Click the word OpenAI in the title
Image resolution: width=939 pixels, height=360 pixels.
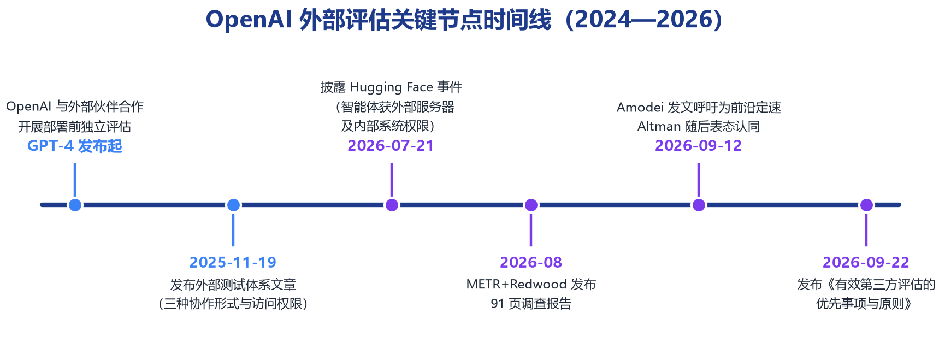(x=249, y=20)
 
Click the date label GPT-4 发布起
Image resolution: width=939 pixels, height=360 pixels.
(x=75, y=146)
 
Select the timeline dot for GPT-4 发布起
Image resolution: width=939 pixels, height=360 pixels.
(x=75, y=205)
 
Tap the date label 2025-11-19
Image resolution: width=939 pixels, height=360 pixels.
(x=233, y=262)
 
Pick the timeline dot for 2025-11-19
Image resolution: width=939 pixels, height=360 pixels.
(x=233, y=205)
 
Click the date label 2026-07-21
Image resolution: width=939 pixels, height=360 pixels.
(x=391, y=146)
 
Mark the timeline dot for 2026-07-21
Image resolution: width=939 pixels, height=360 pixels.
(x=392, y=205)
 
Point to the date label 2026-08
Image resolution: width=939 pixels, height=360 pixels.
(x=531, y=262)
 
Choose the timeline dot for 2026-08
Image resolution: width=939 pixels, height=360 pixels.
(x=531, y=205)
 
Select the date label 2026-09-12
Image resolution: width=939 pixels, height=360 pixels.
(x=699, y=146)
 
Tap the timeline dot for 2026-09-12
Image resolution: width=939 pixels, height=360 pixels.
(x=699, y=205)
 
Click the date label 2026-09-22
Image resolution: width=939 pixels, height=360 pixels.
(x=866, y=262)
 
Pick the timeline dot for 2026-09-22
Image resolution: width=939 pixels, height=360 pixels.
(x=866, y=205)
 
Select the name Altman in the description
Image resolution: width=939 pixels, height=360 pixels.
(x=659, y=127)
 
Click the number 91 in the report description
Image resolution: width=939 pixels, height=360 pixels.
(x=497, y=304)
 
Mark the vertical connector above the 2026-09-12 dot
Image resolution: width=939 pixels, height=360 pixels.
(x=699, y=180)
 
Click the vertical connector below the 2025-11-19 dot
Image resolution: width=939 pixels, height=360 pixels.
(x=233, y=230)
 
